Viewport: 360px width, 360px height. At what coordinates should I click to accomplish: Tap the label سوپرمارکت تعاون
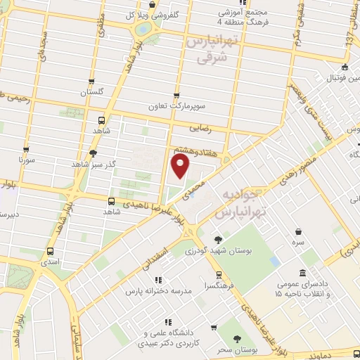click(x=176, y=106)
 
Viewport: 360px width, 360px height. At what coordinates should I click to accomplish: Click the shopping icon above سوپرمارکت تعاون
click(x=176, y=96)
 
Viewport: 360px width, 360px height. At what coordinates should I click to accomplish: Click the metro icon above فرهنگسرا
click(x=219, y=275)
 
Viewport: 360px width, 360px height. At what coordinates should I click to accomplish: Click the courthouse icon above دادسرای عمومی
click(x=302, y=273)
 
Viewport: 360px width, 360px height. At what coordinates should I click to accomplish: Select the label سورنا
click(x=27, y=160)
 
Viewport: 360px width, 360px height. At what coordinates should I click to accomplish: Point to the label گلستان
click(x=91, y=92)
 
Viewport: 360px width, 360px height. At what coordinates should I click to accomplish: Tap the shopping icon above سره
click(x=299, y=231)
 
